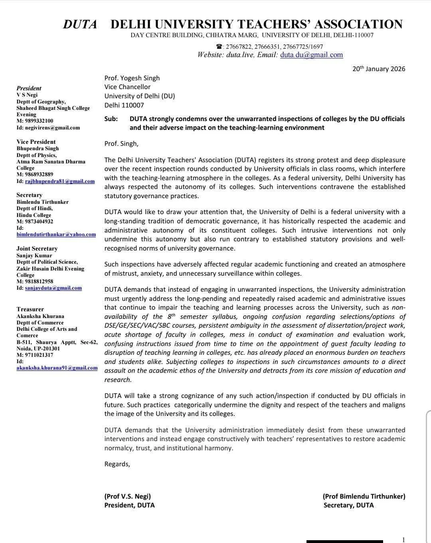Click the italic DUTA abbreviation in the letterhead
tap(80, 25)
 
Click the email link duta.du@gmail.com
tap(311, 55)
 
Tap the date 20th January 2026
tap(379, 69)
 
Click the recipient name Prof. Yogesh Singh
tap(132, 78)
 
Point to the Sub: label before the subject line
tap(111, 119)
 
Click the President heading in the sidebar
tap(29, 88)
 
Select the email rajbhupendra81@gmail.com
tap(60, 181)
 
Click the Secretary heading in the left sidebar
tap(29, 195)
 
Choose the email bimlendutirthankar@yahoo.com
tap(56, 235)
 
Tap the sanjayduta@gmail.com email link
tap(53, 288)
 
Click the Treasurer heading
tap(30, 309)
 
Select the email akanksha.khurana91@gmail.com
tap(57, 368)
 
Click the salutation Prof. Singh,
tap(121, 144)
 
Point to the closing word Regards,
tap(117, 464)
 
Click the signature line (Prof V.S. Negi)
tap(128, 497)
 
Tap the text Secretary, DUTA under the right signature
tap(348, 505)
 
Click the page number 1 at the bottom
tap(403, 540)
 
